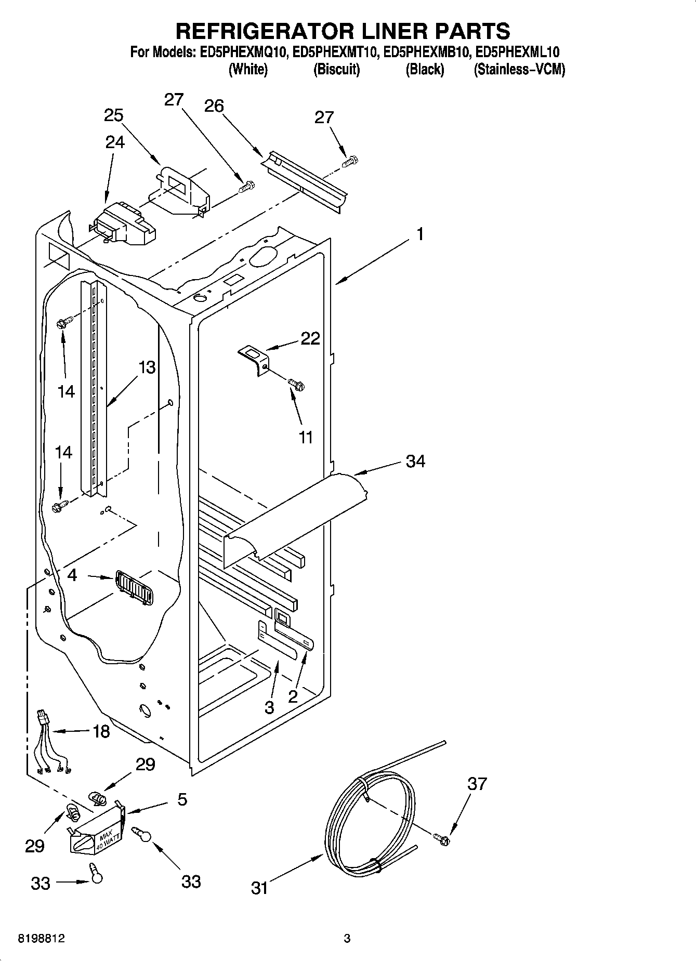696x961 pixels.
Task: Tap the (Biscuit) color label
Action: [336, 69]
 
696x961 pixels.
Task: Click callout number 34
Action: [415, 461]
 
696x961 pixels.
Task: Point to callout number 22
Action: [310, 338]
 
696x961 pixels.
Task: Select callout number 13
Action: [147, 367]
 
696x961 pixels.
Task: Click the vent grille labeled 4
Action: [135, 587]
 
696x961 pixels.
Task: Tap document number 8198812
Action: [42, 939]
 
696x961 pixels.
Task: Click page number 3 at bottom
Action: [347, 939]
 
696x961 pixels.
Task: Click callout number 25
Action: [113, 115]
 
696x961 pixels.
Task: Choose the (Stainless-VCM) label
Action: [519, 69]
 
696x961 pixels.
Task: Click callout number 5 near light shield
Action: [181, 799]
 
